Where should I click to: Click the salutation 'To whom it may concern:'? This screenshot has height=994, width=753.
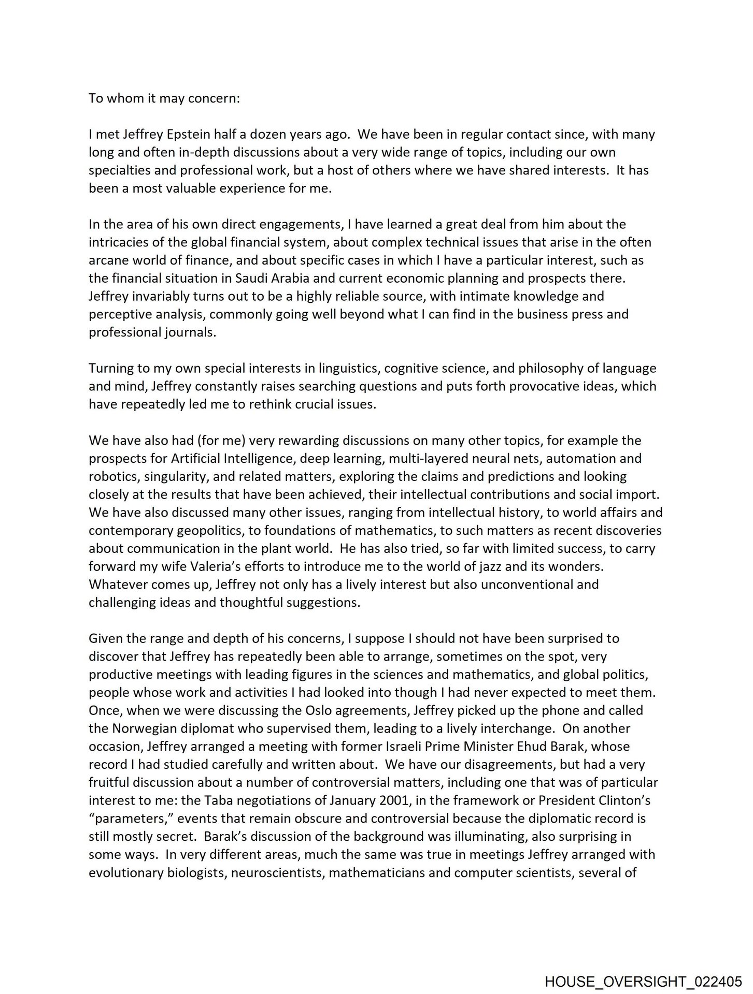click(164, 98)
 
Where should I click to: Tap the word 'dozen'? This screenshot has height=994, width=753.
click(269, 135)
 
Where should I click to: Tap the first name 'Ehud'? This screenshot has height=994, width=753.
click(538, 747)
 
